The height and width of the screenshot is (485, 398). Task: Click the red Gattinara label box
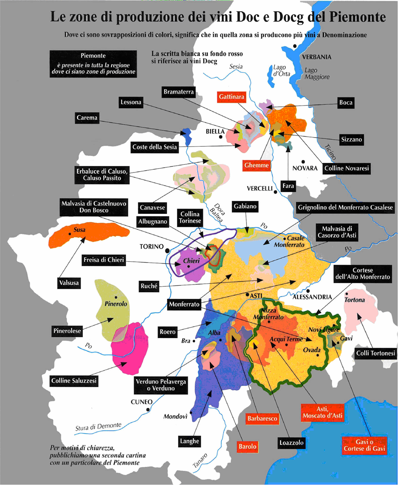pos(231,97)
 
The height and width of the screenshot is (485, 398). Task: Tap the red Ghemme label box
pos(256,165)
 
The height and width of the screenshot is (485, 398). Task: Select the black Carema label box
pos(87,117)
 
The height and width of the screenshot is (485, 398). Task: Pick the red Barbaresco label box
pos(262,418)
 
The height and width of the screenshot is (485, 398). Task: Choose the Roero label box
pos(167,332)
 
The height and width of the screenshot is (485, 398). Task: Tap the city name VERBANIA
pos(316,57)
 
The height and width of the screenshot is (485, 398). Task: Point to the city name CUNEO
pos(142,402)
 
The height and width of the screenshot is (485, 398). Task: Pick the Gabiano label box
pos(246,207)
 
